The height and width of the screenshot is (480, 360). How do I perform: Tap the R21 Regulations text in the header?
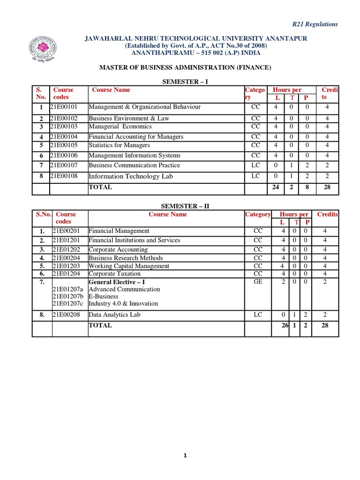(315, 24)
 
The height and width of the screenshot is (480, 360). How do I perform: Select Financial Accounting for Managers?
(136, 137)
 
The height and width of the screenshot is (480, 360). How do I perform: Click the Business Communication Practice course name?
(134, 165)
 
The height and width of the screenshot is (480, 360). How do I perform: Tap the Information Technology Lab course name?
(131, 176)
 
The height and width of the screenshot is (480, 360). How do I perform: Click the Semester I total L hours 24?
(276, 187)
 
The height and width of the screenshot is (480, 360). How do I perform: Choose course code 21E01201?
(68, 240)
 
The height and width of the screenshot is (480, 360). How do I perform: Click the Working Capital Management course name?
(129, 266)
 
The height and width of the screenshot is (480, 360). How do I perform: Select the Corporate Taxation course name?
(114, 273)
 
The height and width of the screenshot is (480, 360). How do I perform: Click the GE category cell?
(258, 282)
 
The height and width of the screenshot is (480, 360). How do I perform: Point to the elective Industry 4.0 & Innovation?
(123, 303)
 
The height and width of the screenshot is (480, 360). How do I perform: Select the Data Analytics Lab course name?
(114, 315)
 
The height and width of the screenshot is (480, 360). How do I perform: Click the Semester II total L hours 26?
(284, 325)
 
